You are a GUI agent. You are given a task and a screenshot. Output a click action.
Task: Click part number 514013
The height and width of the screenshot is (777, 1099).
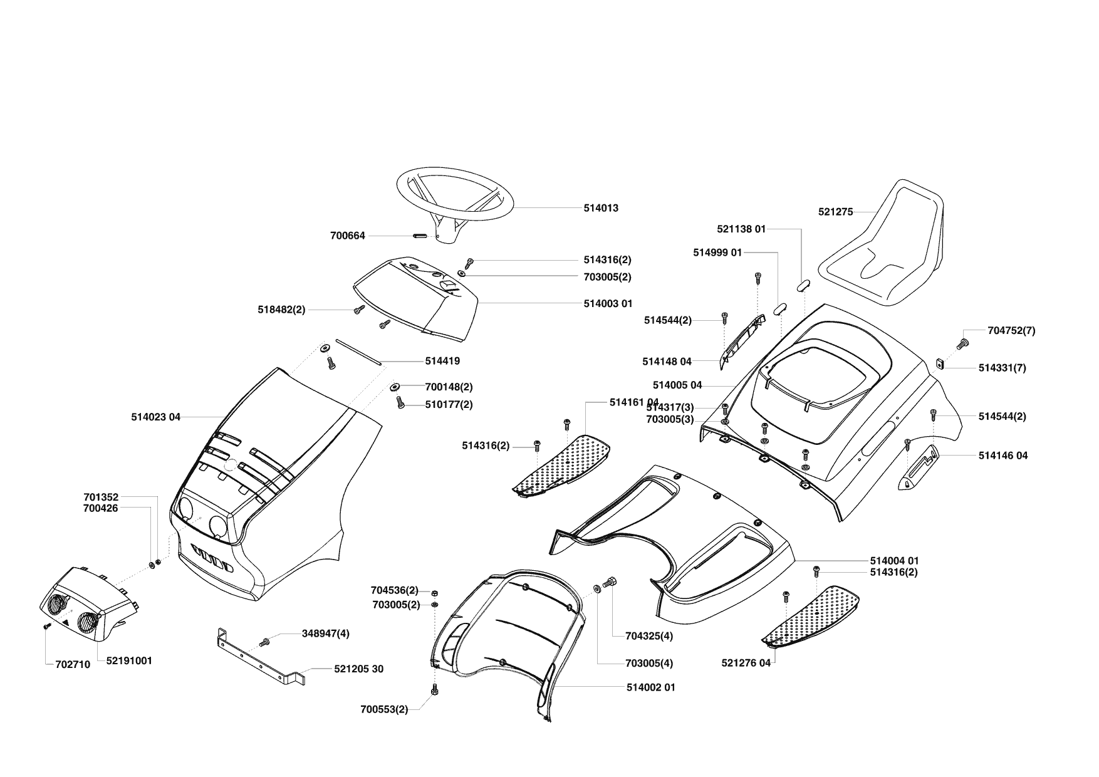point(600,208)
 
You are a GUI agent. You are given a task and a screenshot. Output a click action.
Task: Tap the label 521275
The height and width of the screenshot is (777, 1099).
point(835,212)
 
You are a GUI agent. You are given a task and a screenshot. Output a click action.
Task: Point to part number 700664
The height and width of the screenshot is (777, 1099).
point(347,236)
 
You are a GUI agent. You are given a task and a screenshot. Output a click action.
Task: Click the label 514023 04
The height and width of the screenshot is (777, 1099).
point(155,417)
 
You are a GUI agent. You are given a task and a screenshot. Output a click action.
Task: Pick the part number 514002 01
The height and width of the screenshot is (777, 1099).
point(650,687)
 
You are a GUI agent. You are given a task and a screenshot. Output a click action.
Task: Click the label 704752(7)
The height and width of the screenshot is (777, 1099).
point(1011,330)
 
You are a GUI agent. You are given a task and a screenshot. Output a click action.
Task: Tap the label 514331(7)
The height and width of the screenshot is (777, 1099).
point(1002,368)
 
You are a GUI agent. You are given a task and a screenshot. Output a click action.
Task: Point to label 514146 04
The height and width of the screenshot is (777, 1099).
point(1003,456)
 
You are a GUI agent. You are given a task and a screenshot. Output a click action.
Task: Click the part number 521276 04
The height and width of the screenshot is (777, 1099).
point(746,663)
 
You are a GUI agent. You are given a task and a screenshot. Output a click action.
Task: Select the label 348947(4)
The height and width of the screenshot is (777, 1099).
point(325,634)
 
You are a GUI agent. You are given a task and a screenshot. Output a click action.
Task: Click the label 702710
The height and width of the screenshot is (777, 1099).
point(73,665)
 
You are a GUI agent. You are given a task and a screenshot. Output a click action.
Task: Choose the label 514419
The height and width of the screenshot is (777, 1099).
point(442,361)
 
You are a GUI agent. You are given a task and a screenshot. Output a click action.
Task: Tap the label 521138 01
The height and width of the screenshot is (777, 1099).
point(741,229)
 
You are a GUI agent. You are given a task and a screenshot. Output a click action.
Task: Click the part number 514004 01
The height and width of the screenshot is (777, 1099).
point(894,561)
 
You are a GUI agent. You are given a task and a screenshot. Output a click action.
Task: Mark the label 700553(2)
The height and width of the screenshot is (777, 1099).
point(383,709)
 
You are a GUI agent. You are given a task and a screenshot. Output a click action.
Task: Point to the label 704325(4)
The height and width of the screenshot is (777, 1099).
point(649,636)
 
